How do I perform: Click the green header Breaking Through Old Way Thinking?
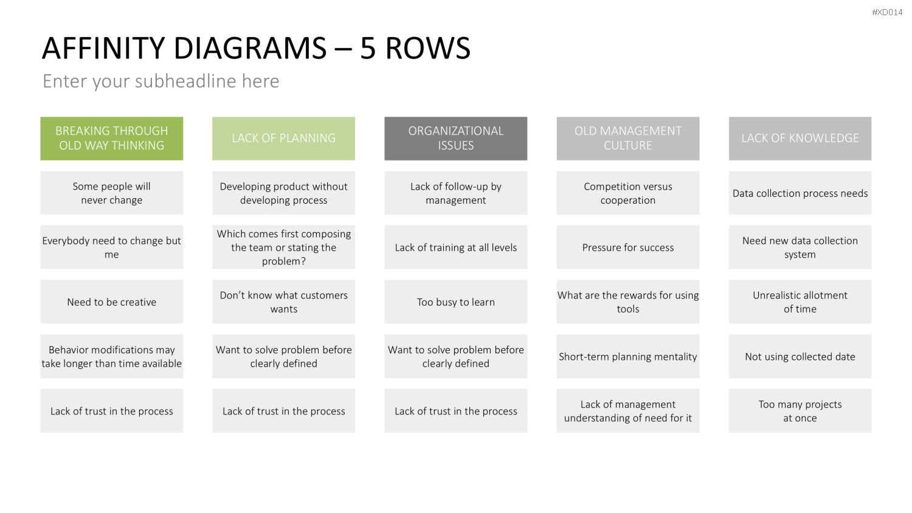(x=111, y=139)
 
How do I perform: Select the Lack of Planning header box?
(x=283, y=139)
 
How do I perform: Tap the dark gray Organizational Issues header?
(x=455, y=139)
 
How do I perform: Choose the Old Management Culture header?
(x=628, y=139)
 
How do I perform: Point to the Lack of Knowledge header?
(x=800, y=139)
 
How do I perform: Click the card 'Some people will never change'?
(x=111, y=193)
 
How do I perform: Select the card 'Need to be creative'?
(x=111, y=301)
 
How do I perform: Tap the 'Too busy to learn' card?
(x=455, y=301)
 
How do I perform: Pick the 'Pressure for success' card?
(x=628, y=247)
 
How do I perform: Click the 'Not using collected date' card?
(x=800, y=356)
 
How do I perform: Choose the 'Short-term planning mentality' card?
(x=628, y=356)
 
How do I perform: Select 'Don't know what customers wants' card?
(x=283, y=301)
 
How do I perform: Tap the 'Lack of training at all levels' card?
(x=455, y=247)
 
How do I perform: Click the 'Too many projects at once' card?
(x=800, y=411)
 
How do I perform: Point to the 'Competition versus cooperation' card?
(x=628, y=193)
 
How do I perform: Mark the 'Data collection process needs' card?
(x=800, y=193)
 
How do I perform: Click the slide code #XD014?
(x=887, y=12)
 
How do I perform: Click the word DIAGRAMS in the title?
(x=250, y=48)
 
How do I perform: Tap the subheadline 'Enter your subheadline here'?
(x=161, y=81)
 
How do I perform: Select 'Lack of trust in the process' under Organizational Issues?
(x=455, y=411)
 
